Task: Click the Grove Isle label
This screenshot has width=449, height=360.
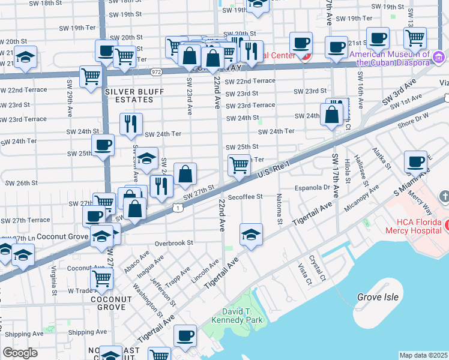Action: click(377, 297)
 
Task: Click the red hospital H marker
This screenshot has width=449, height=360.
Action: click(447, 226)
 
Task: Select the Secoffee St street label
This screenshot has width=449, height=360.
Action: click(246, 196)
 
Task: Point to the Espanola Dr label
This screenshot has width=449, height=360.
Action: click(314, 188)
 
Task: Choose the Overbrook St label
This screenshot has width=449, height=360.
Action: click(173, 244)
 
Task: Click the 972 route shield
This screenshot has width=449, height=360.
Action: click(157, 71)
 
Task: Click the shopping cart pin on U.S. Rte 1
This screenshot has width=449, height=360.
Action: click(239, 166)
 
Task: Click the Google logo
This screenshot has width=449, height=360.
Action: click(20, 353)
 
